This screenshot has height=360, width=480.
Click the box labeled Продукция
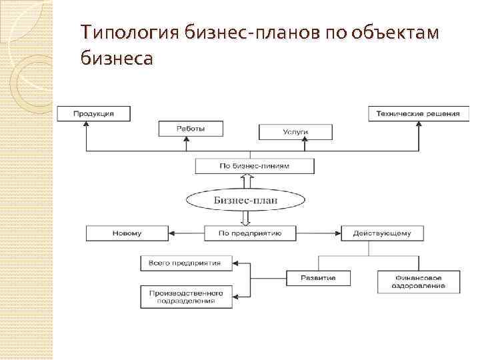coord(93,113)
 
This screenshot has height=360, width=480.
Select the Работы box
coord(191,129)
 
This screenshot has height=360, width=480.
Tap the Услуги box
coord(295,132)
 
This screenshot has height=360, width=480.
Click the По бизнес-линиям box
coord(254,166)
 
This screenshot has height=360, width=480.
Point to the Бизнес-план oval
coord(245,199)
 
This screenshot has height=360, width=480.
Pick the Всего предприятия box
coord(186,263)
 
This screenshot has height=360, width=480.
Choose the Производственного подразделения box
coord(186,296)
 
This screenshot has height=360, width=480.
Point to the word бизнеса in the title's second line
coord(116,59)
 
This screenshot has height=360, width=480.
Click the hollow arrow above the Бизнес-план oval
coord(246,181)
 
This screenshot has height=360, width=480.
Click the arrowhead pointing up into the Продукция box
coord(86,125)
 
